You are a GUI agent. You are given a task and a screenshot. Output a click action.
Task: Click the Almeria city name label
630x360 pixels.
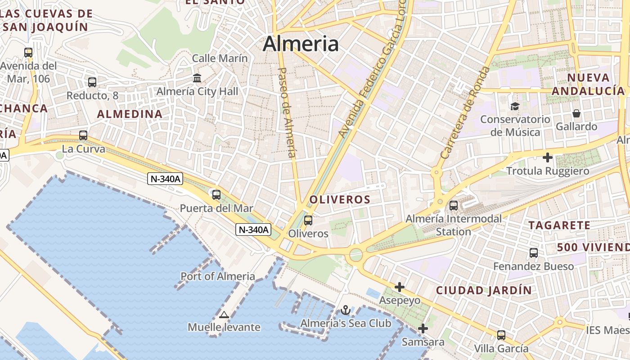(301, 44)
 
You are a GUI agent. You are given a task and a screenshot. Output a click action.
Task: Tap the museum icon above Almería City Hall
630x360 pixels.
(197, 78)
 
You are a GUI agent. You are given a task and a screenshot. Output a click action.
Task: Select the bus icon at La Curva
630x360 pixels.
(83, 135)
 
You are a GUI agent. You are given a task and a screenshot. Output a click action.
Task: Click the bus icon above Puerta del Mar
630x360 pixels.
(216, 195)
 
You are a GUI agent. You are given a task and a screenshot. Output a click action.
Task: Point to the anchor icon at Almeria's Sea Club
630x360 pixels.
(346, 310)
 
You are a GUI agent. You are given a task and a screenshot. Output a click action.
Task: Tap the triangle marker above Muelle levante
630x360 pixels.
(224, 315)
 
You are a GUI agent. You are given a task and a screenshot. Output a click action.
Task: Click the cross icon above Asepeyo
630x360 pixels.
(400, 287)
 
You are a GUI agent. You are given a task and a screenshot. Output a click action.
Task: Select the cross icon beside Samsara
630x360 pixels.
(423, 328)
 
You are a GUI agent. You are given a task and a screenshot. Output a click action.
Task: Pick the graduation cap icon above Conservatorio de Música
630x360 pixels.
(515, 106)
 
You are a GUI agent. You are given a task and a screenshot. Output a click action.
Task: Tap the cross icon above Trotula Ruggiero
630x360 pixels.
(548, 157)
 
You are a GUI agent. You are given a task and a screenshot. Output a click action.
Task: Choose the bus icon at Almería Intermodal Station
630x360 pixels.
(454, 206)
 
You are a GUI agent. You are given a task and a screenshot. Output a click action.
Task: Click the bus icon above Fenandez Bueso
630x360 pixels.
(534, 253)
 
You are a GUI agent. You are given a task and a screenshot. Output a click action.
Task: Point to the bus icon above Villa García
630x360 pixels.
(501, 335)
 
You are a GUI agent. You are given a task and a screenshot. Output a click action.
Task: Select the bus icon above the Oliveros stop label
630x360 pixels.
(308, 220)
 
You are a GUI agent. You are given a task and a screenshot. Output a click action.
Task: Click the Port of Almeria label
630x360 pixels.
(218, 276)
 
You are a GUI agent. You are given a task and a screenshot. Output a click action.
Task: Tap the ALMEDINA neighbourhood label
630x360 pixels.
(130, 114)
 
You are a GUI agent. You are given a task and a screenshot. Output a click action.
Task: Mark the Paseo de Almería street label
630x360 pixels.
(287, 112)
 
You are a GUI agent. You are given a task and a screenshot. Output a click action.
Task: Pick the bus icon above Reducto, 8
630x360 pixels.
(92, 82)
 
